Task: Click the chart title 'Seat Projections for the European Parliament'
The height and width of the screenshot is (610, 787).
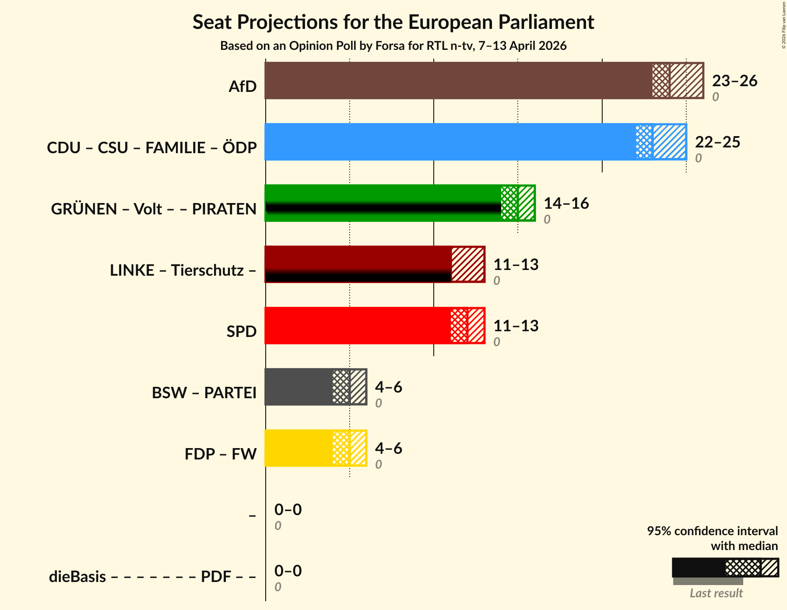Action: [393, 22]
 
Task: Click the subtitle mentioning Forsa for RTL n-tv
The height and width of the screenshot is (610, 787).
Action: [393, 46]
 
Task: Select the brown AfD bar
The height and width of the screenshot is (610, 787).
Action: [460, 81]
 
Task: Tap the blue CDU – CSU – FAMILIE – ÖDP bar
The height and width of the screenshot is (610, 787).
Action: [451, 142]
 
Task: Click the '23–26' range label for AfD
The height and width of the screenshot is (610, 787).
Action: [734, 81]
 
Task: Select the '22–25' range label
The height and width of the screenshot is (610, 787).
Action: [717, 142]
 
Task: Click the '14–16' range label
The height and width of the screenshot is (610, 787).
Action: [566, 203]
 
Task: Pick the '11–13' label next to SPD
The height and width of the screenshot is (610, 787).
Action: [516, 326]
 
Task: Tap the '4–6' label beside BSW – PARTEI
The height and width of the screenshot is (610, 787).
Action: [388, 387]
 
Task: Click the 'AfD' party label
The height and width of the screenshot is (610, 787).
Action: [242, 87]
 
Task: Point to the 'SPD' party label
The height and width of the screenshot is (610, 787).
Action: [241, 332]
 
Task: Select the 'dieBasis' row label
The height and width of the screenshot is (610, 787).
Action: [77, 577]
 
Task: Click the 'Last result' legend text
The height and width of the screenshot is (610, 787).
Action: [716, 593]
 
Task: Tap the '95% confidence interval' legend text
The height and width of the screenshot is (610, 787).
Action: [712, 531]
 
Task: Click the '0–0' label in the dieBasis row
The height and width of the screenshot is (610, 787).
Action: [288, 571]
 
